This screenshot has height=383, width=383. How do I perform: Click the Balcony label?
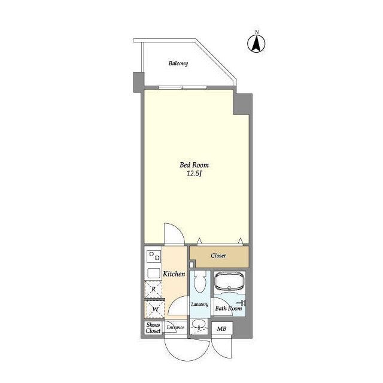tap(178, 63)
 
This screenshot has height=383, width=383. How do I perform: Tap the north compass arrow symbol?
tap(256, 44)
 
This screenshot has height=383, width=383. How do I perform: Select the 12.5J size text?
tap(194, 174)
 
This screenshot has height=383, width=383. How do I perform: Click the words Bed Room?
tap(194, 165)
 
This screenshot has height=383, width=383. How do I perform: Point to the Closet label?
tap(218, 256)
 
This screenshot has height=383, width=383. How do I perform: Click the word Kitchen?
tap(174, 274)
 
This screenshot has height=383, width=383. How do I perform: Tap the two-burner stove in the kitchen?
tap(154, 256)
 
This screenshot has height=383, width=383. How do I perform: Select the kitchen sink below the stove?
tap(154, 273)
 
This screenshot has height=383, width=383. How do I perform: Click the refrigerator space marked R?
tap(153, 289)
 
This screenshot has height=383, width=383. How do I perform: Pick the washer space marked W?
tap(154, 309)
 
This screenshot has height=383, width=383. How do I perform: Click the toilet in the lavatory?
tap(200, 281)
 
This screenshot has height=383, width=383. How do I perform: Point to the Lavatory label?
tap(200, 305)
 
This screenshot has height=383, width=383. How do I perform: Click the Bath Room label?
tap(229, 309)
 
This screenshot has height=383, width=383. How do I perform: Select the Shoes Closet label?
tap(153, 328)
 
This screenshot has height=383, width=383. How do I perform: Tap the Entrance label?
tap(175, 327)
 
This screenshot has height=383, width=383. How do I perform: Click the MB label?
tap(221, 329)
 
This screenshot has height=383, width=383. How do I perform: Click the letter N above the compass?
tap(257, 32)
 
